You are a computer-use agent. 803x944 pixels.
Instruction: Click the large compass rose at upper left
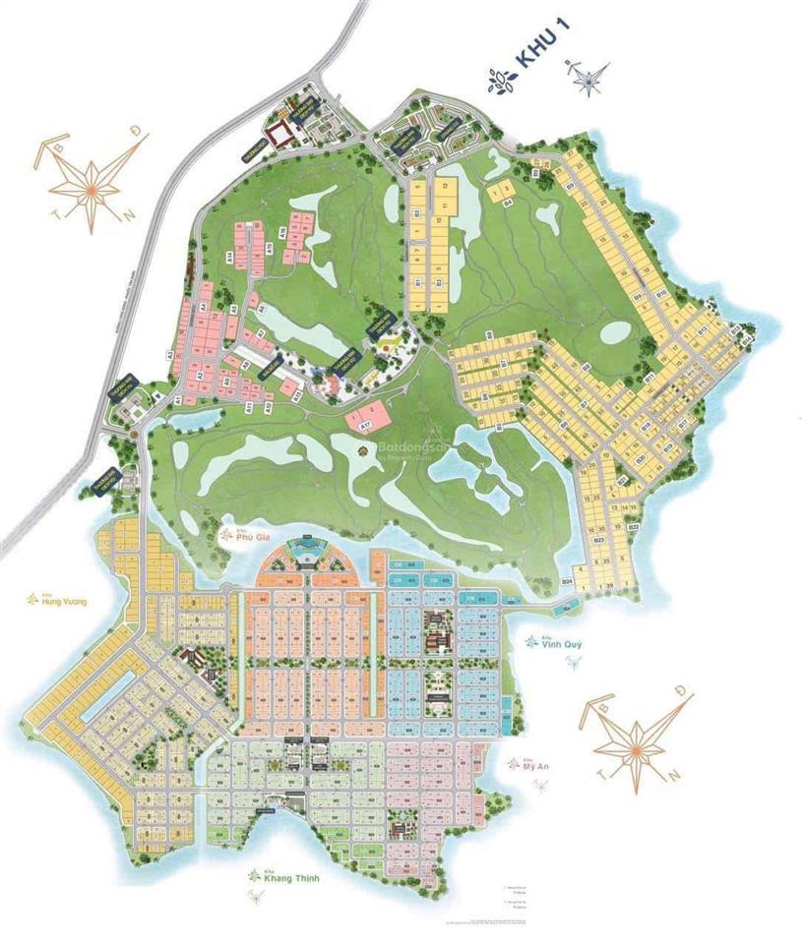click(89, 182)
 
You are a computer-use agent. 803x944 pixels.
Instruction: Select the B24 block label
click(567, 582)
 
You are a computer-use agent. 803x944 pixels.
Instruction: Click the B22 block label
click(634, 528)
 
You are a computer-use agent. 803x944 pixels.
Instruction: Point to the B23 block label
click(599, 540)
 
